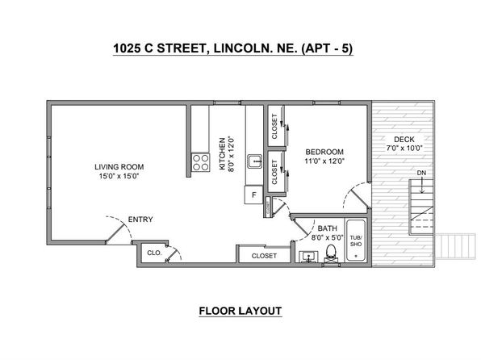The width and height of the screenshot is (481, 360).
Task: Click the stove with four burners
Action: pos(201,162)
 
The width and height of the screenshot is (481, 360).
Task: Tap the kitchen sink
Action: pos(254,161)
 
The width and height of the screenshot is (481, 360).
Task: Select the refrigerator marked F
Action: pos(253,195)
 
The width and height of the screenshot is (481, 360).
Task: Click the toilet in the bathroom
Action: pos(331,253)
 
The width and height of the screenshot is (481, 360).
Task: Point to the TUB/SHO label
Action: pos(356,241)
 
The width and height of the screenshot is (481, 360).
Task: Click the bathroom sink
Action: pos(308,257)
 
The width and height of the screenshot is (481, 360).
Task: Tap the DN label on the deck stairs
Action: pos(421,173)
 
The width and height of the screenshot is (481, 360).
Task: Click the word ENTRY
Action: pos(140,220)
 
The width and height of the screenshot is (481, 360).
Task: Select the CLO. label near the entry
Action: pos(154,253)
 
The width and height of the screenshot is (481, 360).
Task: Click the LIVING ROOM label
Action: pos(119,167)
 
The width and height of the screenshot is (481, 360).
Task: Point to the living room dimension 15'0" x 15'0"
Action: pos(119,176)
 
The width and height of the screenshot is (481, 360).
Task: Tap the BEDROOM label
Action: pos(324,152)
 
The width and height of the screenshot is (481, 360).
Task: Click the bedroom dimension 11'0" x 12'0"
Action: pos(324,161)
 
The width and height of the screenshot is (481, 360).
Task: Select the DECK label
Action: pos(404,139)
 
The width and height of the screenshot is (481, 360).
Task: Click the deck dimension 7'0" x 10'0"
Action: pos(404,148)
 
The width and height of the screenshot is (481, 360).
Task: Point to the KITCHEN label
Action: pos(223,153)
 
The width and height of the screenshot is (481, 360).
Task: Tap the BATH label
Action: pos(328,228)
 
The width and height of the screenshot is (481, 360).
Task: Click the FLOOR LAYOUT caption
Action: pos(240,311)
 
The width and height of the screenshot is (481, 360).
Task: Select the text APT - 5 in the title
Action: pos(328,48)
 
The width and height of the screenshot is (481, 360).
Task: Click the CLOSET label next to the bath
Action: pos(264,256)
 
